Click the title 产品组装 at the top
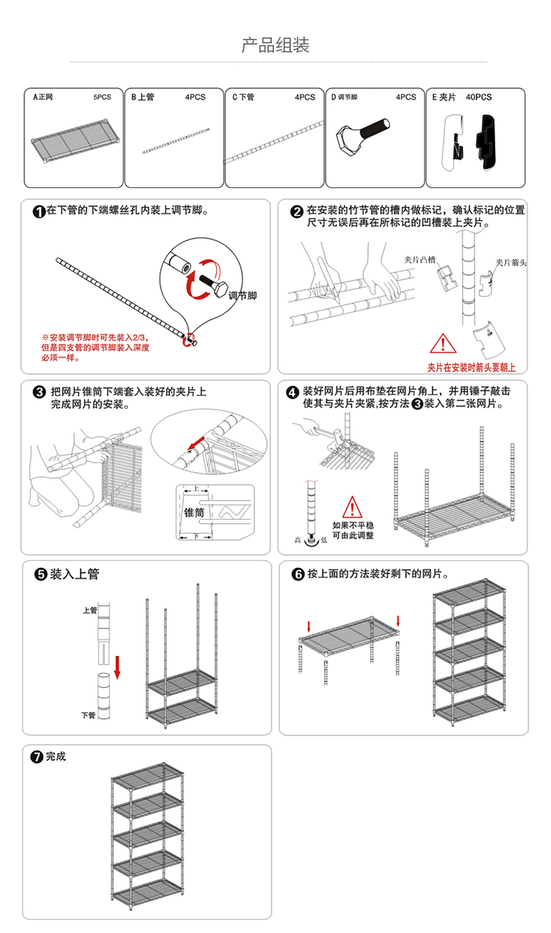[275, 45]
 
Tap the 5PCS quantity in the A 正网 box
[102, 97]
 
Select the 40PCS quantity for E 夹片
[478, 97]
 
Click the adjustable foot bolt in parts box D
[363, 137]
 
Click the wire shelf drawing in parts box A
[76, 139]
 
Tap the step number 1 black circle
[39, 211]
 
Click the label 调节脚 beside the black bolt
[242, 296]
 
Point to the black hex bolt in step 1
[213, 285]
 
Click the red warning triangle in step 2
[442, 344]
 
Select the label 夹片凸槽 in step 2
[419, 260]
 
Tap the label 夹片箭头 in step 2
[511, 262]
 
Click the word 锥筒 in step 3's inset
[194, 512]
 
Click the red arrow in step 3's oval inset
[196, 443]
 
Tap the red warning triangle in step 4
[352, 507]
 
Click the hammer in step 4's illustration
[329, 433]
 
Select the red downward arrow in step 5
[117, 667]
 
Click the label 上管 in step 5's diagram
[90, 610]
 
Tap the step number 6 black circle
[298, 574]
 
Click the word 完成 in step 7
[56, 756]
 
